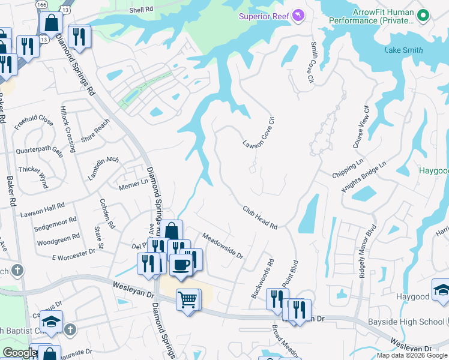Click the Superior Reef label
pos(264,16)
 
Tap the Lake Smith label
pos(403,50)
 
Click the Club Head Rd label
pos(260,218)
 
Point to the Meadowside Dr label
pos(222,246)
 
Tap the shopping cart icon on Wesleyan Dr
pos(188,299)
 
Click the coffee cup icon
pos(181,264)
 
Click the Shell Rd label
pos(141,10)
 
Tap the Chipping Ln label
pos(348,169)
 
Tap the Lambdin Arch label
pos(104,168)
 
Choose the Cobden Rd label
pos(107,214)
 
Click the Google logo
pos(20,353)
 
